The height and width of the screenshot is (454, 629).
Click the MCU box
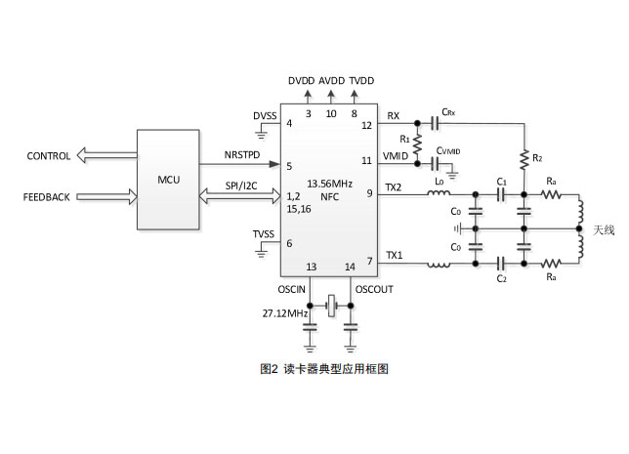point(168,180)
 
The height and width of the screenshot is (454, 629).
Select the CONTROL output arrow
point(106,155)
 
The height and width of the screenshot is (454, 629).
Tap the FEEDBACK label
point(47,197)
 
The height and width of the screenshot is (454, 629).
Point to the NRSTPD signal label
point(242,155)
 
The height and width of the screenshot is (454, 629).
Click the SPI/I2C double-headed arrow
point(240,195)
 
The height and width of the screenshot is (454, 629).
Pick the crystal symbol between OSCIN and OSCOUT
point(331,306)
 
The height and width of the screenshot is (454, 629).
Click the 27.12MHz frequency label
point(285,313)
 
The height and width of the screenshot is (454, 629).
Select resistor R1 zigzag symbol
point(417,144)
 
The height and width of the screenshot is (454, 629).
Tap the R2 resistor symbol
point(524,159)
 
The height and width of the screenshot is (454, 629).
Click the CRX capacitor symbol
point(435,123)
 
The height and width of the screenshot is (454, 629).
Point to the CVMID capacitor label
point(448,150)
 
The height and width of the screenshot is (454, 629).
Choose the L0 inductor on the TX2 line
point(439,193)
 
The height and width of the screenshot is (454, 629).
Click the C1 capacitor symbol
point(501,195)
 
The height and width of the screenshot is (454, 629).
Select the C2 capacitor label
point(501,278)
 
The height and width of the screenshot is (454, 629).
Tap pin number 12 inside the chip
point(366,126)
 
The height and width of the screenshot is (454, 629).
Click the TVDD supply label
point(361,81)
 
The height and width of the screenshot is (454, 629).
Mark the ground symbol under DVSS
point(261,135)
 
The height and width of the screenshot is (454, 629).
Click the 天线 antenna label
point(604,230)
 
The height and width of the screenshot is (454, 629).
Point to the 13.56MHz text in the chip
point(329,184)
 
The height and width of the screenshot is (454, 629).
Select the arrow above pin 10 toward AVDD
point(331,97)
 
